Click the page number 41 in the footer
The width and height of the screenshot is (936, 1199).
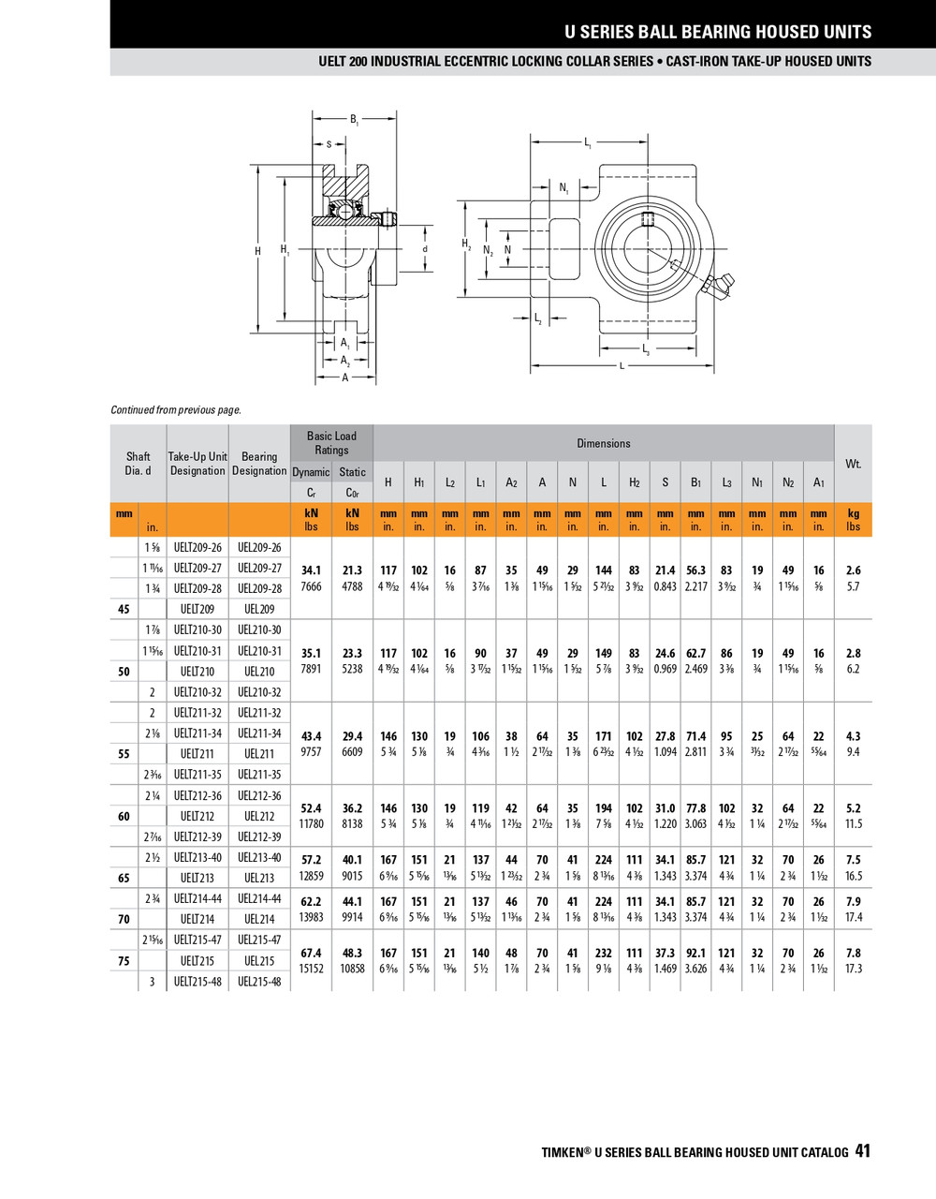[862, 1151]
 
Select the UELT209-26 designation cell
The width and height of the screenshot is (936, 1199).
[197, 547]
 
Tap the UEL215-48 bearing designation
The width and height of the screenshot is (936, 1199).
[259, 982]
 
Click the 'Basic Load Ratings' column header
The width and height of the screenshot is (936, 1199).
[331, 443]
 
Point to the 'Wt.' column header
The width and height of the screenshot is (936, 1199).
[853, 464]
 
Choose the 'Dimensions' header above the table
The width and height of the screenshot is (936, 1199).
[604, 443]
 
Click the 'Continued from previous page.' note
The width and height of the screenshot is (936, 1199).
[176, 409]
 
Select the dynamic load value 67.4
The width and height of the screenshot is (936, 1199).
[311, 953]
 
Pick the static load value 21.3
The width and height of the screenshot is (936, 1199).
[352, 570]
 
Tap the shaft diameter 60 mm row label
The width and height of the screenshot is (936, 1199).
[124, 817]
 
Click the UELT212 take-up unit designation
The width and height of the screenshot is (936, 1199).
[197, 817]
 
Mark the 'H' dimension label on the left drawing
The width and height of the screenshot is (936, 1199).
[258, 251]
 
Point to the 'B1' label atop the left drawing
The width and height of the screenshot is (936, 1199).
[354, 120]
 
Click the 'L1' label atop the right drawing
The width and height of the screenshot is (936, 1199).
[588, 143]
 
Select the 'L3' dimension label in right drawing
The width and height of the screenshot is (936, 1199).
[646, 349]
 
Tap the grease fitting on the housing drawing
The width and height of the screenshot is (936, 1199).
[721, 286]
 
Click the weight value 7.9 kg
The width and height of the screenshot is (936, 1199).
[853, 902]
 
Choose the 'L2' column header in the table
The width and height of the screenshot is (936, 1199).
[450, 482]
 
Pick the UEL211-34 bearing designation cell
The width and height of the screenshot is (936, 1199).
[259, 733]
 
